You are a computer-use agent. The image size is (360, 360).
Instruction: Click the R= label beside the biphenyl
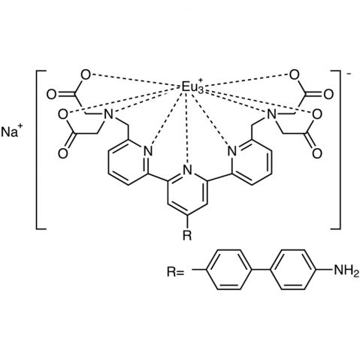click(175, 272)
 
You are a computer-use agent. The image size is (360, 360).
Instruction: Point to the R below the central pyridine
click(187, 235)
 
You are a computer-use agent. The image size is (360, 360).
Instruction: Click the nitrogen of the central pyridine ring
click(188, 170)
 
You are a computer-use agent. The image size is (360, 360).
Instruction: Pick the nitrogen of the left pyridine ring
click(148, 151)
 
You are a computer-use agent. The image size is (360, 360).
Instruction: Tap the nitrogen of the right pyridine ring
click(231, 151)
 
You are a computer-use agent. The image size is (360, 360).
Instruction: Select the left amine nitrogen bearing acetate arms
click(108, 114)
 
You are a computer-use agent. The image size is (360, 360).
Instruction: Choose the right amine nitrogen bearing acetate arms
click(271, 114)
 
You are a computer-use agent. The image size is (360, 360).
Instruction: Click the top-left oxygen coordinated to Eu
click(86, 75)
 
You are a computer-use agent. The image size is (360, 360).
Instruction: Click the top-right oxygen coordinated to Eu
click(294, 75)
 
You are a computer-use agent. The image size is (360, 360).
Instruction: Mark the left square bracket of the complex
click(37, 150)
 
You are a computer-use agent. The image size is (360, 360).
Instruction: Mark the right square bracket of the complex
click(340, 150)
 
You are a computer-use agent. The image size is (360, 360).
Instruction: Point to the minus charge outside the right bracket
click(349, 74)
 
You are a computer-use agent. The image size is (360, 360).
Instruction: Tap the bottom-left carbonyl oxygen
click(62, 153)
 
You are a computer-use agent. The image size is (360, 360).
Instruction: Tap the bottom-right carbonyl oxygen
click(317, 153)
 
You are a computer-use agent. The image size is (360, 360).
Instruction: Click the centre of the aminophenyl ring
click(292, 270)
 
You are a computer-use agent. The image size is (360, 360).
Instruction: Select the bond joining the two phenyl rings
click(261, 270)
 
